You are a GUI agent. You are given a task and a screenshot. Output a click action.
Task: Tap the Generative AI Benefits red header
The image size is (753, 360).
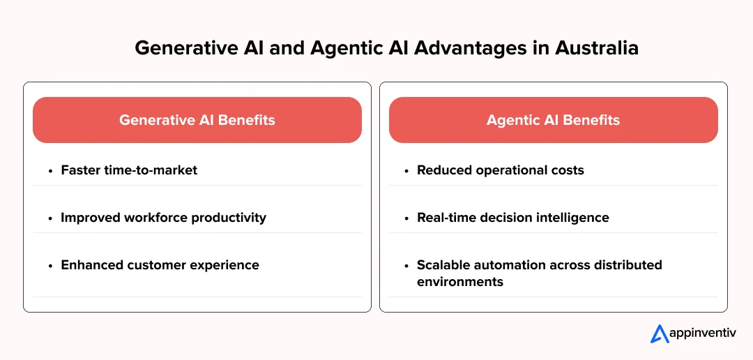tap(197, 120)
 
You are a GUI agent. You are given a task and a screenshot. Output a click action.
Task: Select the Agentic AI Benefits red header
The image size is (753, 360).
tap(553, 120)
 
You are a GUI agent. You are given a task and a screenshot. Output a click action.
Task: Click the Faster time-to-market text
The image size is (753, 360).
tap(129, 170)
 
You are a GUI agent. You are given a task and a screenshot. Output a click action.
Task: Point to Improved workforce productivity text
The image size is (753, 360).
tap(163, 217)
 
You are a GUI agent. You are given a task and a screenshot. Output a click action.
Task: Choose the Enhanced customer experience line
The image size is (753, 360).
tap(160, 264)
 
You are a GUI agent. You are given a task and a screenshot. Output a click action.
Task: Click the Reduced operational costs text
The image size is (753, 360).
tap(500, 170)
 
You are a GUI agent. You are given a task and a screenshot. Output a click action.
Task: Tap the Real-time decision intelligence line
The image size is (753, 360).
tap(512, 217)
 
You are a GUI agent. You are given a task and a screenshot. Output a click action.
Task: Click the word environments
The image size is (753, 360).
tap(460, 282)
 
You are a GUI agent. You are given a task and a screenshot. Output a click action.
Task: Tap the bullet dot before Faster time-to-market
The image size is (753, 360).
tap(50, 170)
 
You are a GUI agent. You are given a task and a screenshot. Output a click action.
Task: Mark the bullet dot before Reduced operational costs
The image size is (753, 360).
tap(406, 170)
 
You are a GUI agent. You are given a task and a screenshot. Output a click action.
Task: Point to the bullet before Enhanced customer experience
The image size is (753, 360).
tap(50, 265)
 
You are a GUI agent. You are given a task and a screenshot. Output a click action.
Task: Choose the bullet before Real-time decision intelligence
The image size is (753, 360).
tap(406, 218)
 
